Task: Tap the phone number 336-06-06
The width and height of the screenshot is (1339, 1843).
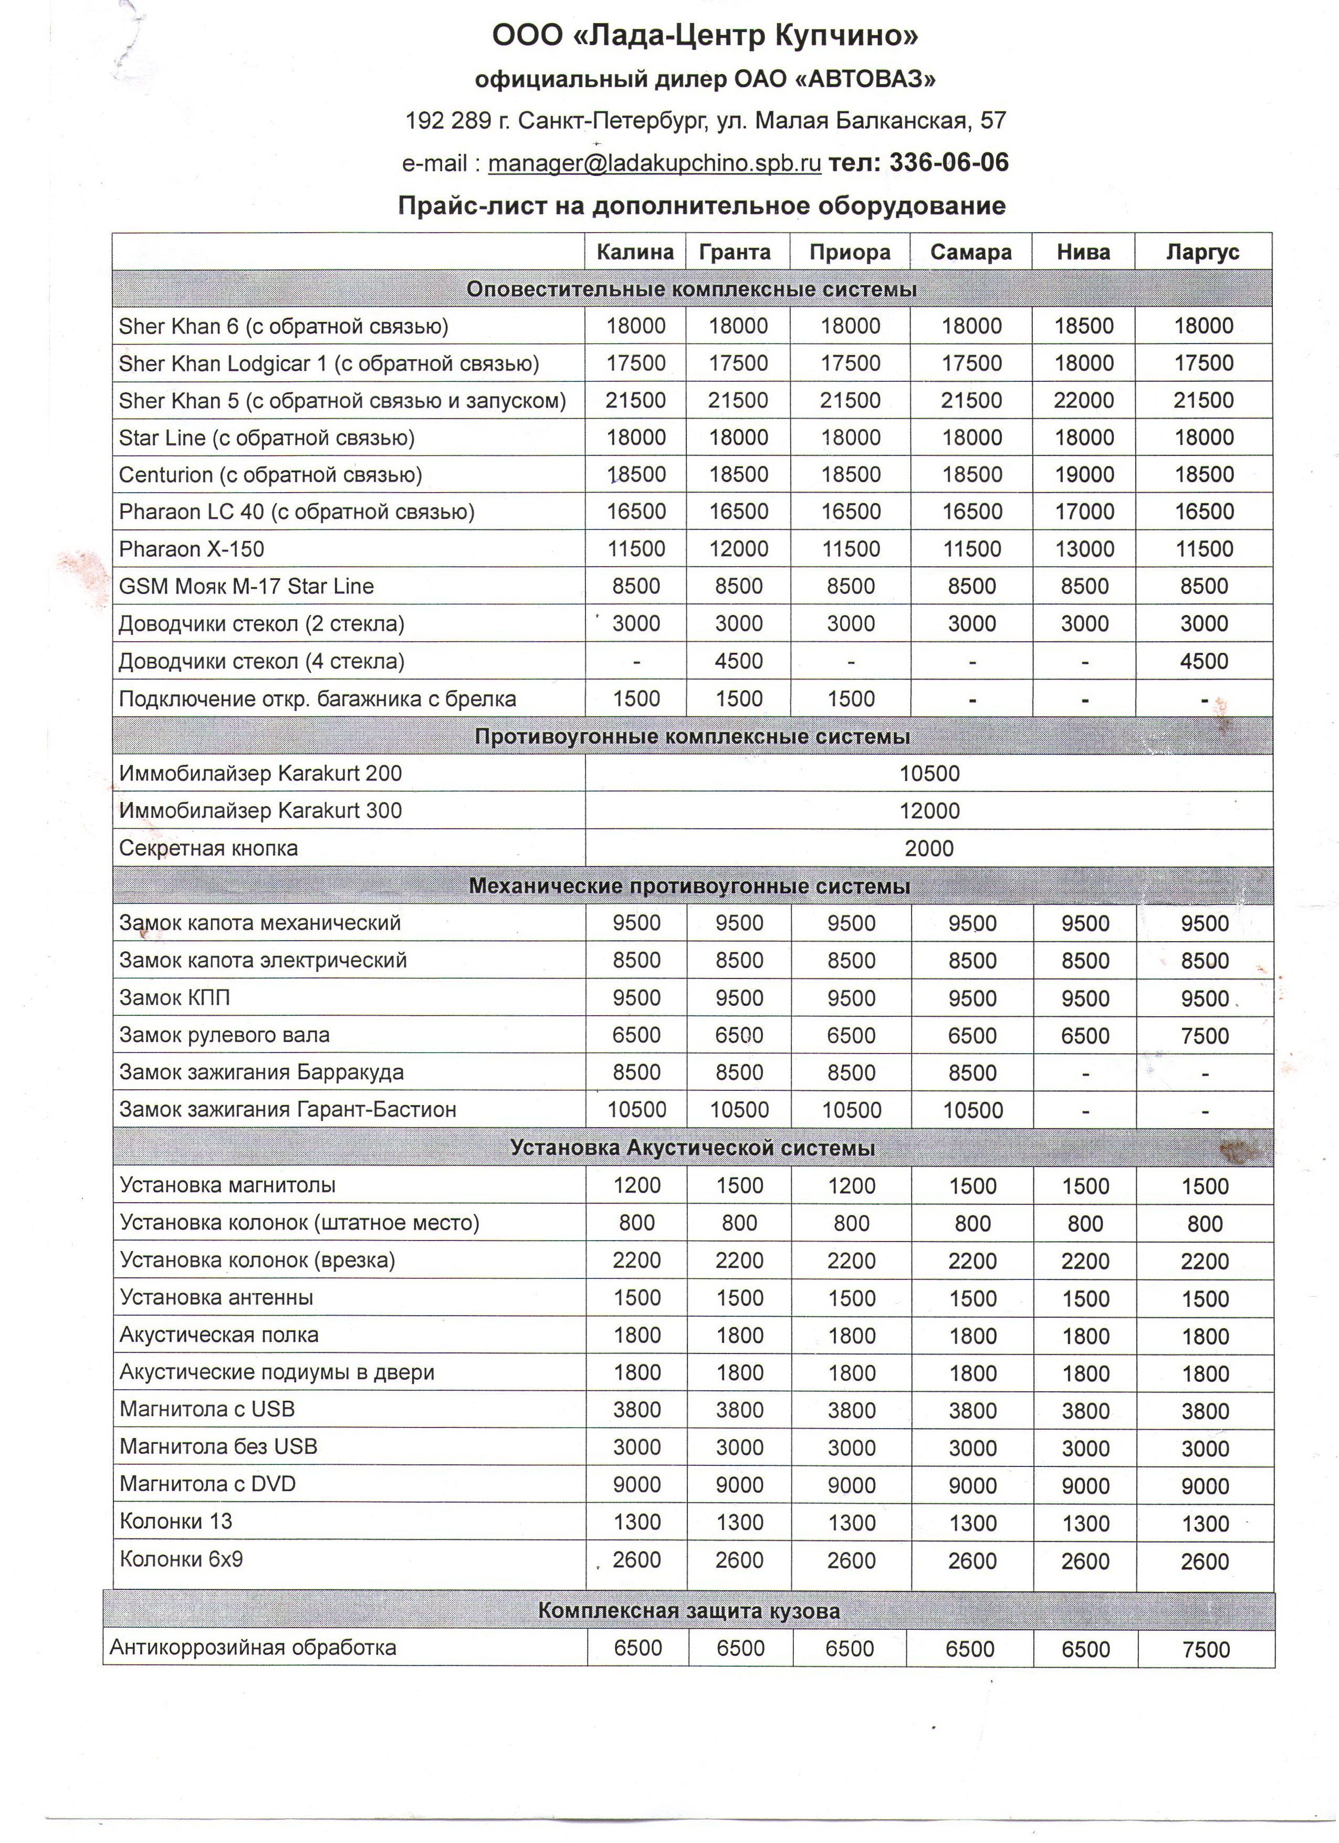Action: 949,162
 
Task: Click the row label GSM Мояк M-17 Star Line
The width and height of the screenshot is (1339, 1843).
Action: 246,587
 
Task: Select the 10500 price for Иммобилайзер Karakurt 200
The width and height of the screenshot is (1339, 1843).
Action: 929,774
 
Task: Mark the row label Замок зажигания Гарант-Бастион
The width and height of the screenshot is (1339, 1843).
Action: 288,1110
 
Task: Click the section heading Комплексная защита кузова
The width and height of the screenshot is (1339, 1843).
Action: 689,1611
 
